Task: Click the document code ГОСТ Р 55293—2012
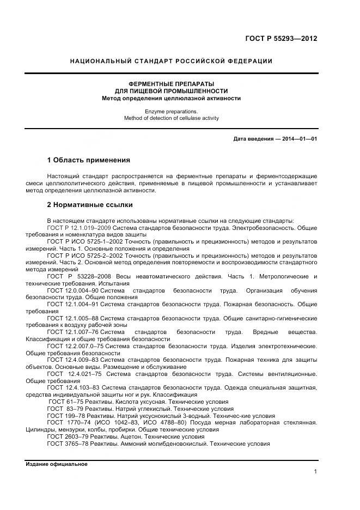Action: (280, 39)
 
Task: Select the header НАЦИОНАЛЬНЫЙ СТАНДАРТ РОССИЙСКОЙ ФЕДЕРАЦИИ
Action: (172, 61)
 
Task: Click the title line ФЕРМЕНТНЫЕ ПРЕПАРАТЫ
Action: (172, 83)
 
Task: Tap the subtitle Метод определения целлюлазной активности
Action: (172, 99)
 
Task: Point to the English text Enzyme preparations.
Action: (172, 111)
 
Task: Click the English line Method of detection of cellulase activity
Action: (172, 118)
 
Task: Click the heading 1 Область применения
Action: (89, 160)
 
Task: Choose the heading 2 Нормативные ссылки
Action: (90, 205)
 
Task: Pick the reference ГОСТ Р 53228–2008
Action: (80, 277)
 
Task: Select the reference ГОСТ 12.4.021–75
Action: (76, 374)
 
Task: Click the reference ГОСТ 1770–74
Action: (67, 423)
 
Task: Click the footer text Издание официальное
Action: (56, 464)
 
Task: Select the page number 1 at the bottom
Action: (315, 472)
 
